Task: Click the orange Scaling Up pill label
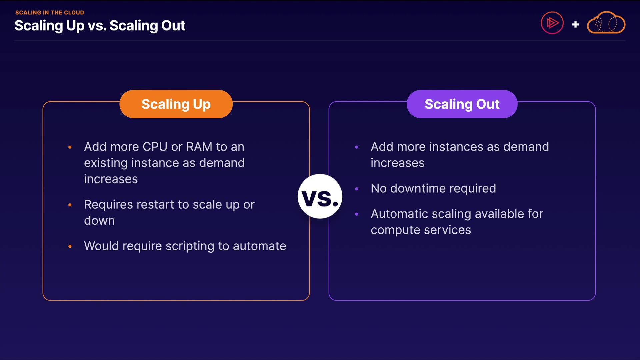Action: (176, 104)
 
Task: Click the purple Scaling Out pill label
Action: (462, 104)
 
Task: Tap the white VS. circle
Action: (320, 196)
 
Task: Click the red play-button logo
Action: (552, 23)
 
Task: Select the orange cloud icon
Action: (606, 23)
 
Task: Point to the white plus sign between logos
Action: (575, 24)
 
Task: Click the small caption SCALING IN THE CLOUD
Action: (50, 13)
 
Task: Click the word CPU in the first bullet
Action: (155, 147)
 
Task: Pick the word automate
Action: (259, 246)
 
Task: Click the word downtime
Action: (418, 188)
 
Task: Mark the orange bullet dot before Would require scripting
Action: (70, 246)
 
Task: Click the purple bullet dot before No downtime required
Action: (357, 189)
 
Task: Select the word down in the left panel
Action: (99, 221)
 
